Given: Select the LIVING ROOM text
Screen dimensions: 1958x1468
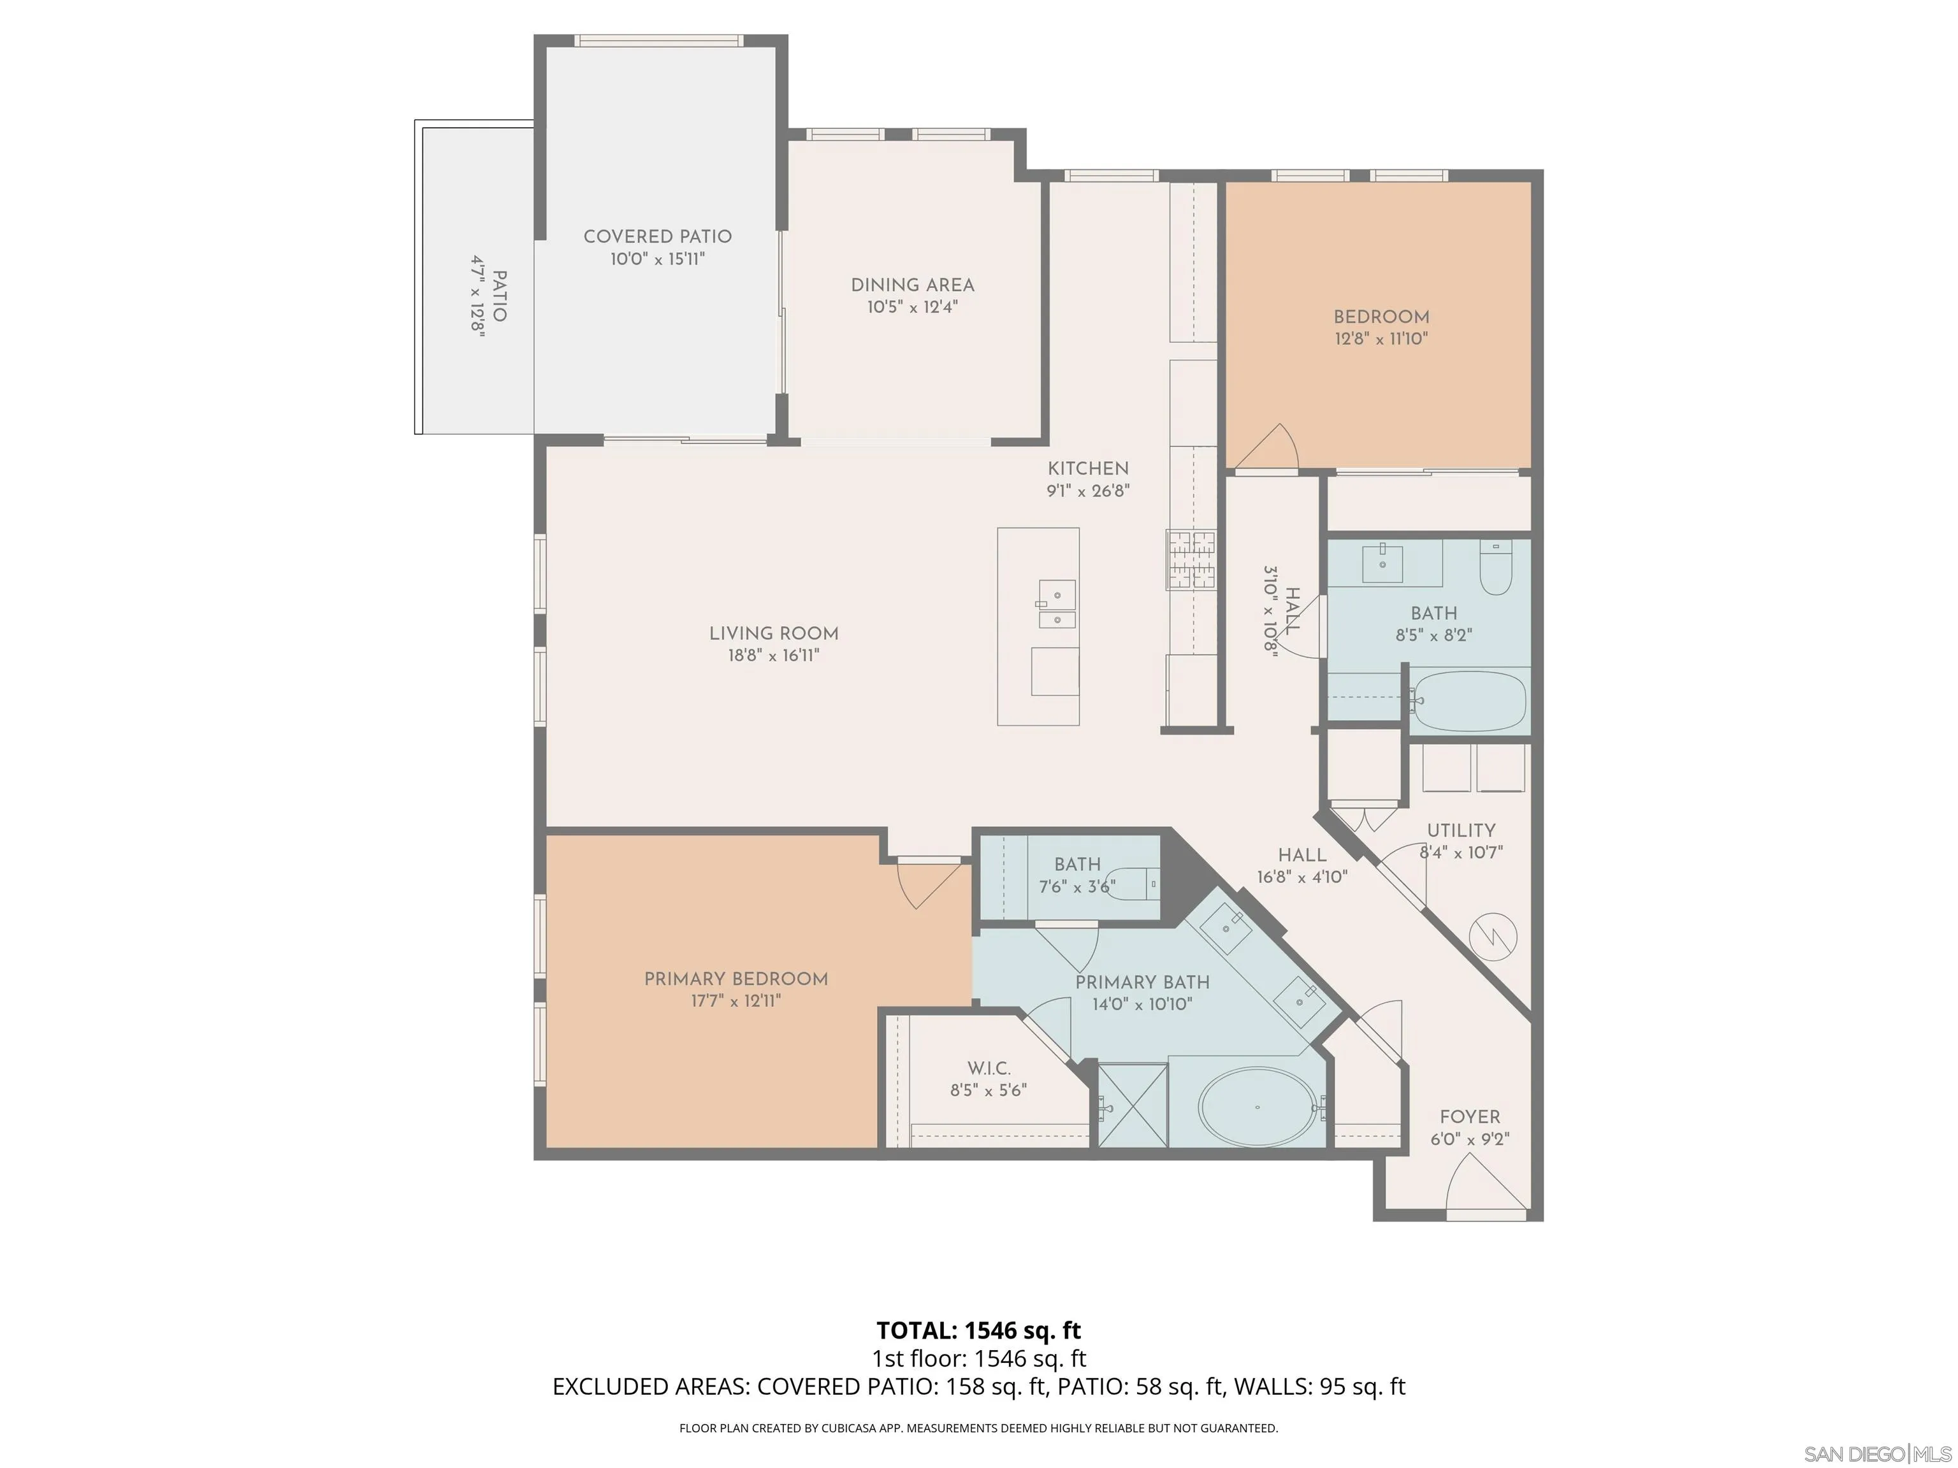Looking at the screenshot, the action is tap(774, 633).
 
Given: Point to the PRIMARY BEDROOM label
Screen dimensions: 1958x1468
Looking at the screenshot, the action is tap(736, 979).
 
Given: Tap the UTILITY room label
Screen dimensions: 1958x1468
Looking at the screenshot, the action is tap(1461, 830).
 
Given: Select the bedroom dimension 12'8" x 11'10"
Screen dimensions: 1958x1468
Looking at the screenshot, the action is tap(1382, 339).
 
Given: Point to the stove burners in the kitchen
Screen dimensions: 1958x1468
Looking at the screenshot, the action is tap(1191, 560).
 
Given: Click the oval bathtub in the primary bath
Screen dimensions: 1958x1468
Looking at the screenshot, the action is tap(1257, 1107).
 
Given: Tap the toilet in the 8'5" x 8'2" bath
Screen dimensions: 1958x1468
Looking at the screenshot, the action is tap(1495, 568).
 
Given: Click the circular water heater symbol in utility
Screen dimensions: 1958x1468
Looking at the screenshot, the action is tap(1493, 936).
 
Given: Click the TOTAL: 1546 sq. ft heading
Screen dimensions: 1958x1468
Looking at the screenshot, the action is tap(979, 1330).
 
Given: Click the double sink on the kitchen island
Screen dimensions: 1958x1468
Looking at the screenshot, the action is tap(1057, 603).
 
